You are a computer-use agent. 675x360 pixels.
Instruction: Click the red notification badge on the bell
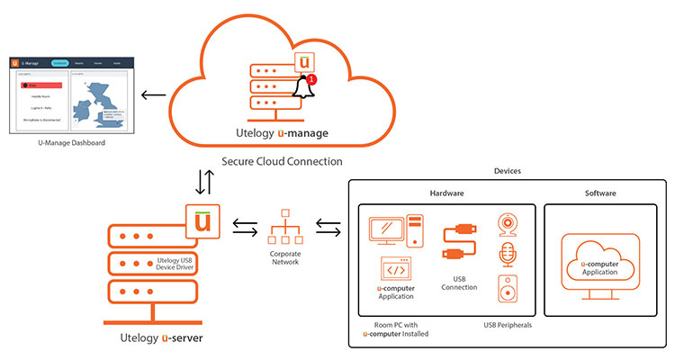coord(311,80)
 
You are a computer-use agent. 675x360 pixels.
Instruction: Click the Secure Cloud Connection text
coord(282,162)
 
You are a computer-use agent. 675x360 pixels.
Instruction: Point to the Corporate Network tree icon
coord(283,227)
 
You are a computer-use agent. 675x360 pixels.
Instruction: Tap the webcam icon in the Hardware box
coord(508,221)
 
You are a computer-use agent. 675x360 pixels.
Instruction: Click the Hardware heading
coord(445,193)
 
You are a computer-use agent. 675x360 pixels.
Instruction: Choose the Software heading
coord(599,193)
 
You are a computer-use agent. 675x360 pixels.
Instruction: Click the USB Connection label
coord(459,283)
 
